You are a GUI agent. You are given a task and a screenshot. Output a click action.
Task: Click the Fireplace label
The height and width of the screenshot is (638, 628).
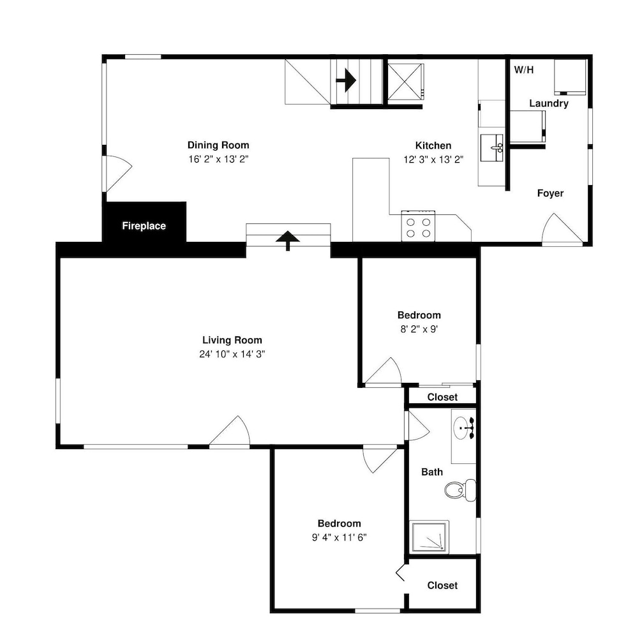pyautogui.click(x=144, y=226)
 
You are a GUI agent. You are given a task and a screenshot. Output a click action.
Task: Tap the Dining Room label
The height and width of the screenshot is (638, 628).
pyautogui.click(x=218, y=145)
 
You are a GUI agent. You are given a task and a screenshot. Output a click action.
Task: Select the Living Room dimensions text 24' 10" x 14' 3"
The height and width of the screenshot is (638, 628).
pyautogui.click(x=232, y=354)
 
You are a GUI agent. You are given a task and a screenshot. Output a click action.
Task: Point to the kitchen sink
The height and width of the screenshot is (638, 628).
pyautogui.click(x=492, y=148)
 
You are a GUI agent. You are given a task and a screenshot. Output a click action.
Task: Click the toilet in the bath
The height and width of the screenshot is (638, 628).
pyautogui.click(x=460, y=490)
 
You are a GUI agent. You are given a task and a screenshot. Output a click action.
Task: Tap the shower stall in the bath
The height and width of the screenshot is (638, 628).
pyautogui.click(x=429, y=537)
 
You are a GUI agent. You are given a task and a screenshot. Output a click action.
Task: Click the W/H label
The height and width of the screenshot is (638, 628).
pyautogui.click(x=524, y=70)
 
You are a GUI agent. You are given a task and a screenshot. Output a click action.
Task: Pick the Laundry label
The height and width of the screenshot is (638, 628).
pyautogui.click(x=549, y=103)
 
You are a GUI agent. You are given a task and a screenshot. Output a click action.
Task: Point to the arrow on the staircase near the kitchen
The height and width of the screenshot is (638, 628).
pyautogui.click(x=346, y=80)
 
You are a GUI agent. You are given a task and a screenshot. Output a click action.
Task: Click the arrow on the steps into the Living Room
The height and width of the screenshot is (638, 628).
pyautogui.click(x=288, y=241)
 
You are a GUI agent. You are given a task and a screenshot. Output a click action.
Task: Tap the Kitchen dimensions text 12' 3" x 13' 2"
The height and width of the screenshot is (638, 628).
pyautogui.click(x=433, y=159)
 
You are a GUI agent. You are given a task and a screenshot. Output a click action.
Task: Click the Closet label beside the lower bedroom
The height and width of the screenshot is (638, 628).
pyautogui.click(x=442, y=585)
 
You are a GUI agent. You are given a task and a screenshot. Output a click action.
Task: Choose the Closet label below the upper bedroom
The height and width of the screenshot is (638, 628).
pyautogui.click(x=442, y=397)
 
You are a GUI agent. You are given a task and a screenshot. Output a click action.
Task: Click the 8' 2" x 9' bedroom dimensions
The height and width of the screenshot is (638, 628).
pyautogui.click(x=419, y=329)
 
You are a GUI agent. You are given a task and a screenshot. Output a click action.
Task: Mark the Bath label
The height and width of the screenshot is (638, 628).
pyautogui.click(x=432, y=472)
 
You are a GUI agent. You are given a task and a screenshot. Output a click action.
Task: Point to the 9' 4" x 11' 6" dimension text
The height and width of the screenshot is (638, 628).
pyautogui.click(x=339, y=537)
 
